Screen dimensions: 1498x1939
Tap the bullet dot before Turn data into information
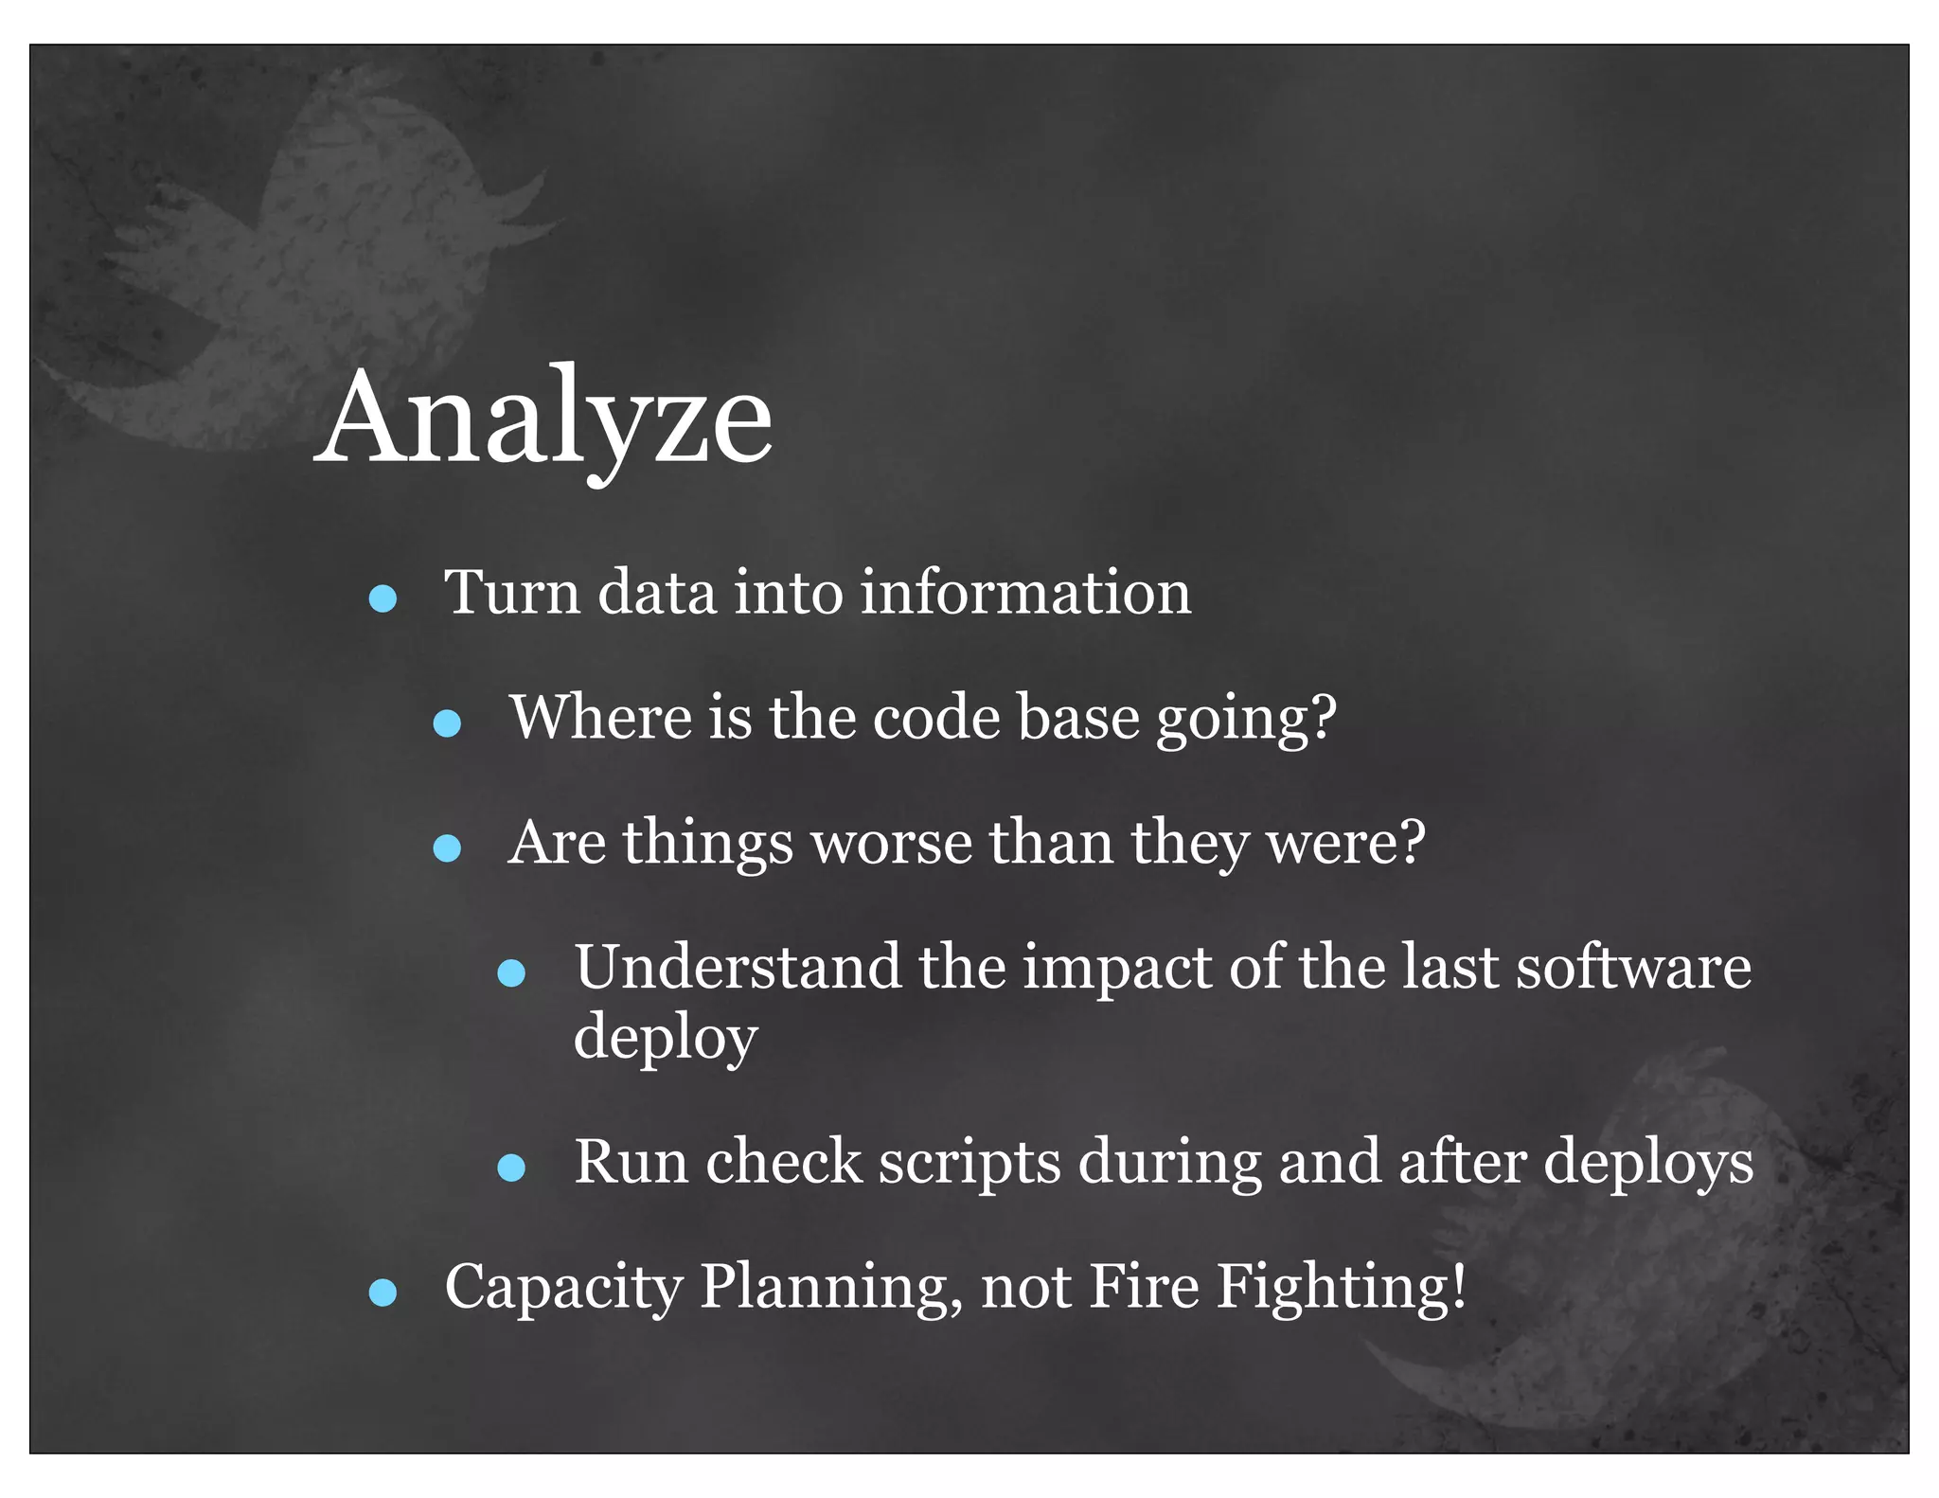[382, 598]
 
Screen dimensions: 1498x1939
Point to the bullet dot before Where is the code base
[447, 724]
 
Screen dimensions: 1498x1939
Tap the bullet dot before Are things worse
[447, 848]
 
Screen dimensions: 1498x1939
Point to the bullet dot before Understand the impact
[511, 973]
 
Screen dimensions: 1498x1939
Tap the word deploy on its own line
[666, 1038]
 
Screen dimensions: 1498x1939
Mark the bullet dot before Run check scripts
[511, 1168]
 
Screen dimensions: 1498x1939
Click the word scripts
[969, 1164]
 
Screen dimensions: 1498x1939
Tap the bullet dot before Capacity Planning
[382, 1293]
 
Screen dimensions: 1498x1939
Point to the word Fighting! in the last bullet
[1341, 1288]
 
